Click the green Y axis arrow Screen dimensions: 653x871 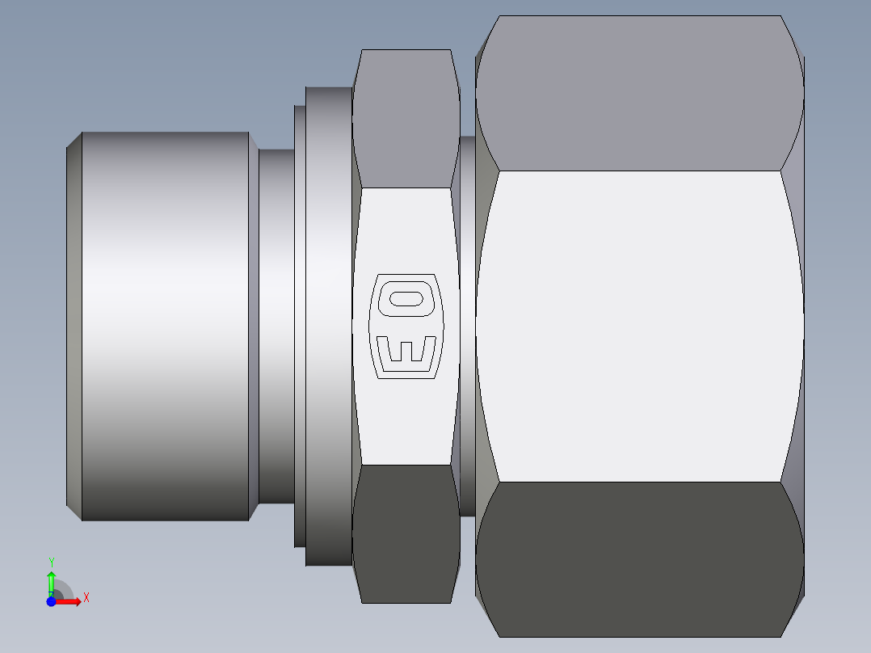point(51,581)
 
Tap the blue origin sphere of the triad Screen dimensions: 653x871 point(51,602)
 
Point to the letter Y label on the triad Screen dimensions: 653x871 point(51,562)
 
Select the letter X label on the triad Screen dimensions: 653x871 point(86,598)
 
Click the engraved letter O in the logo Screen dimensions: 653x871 point(406,299)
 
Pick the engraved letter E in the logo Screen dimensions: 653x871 point(406,351)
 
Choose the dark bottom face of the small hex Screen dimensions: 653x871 point(406,533)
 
